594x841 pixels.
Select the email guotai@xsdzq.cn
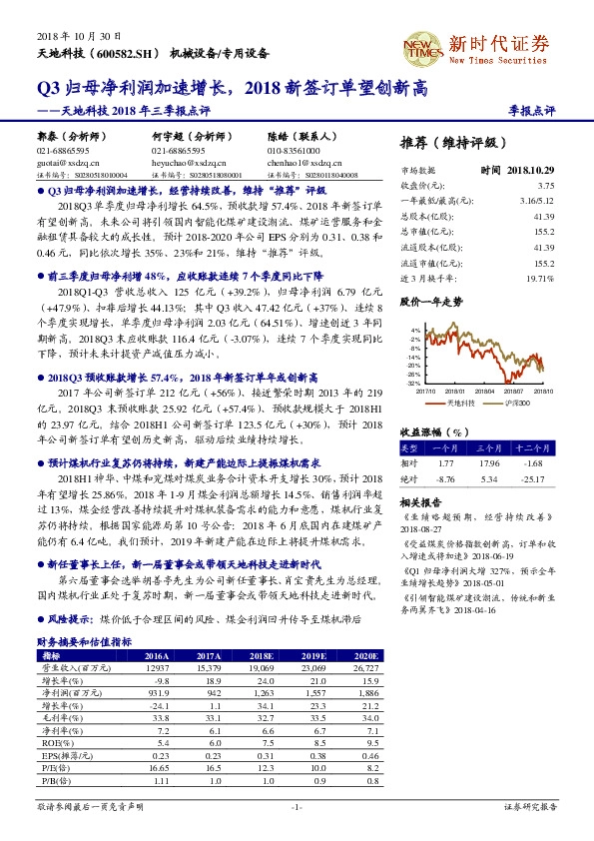[x=65, y=160]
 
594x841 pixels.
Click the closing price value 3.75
[x=545, y=186]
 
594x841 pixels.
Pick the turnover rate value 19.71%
[x=540, y=279]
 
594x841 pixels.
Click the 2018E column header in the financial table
[x=262, y=656]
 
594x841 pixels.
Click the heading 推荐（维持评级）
[x=450, y=142]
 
